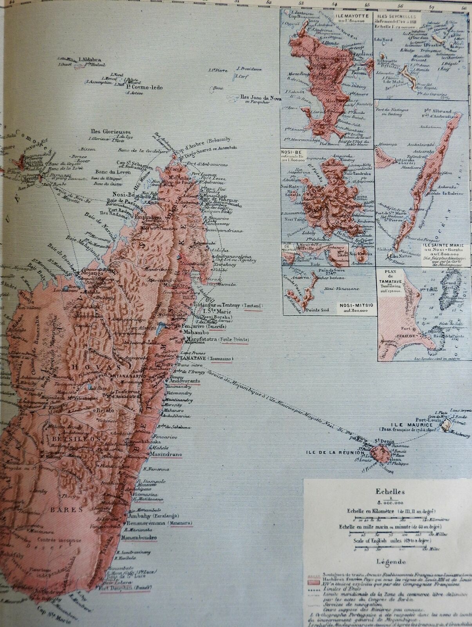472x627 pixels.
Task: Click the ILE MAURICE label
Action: (417, 425)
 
